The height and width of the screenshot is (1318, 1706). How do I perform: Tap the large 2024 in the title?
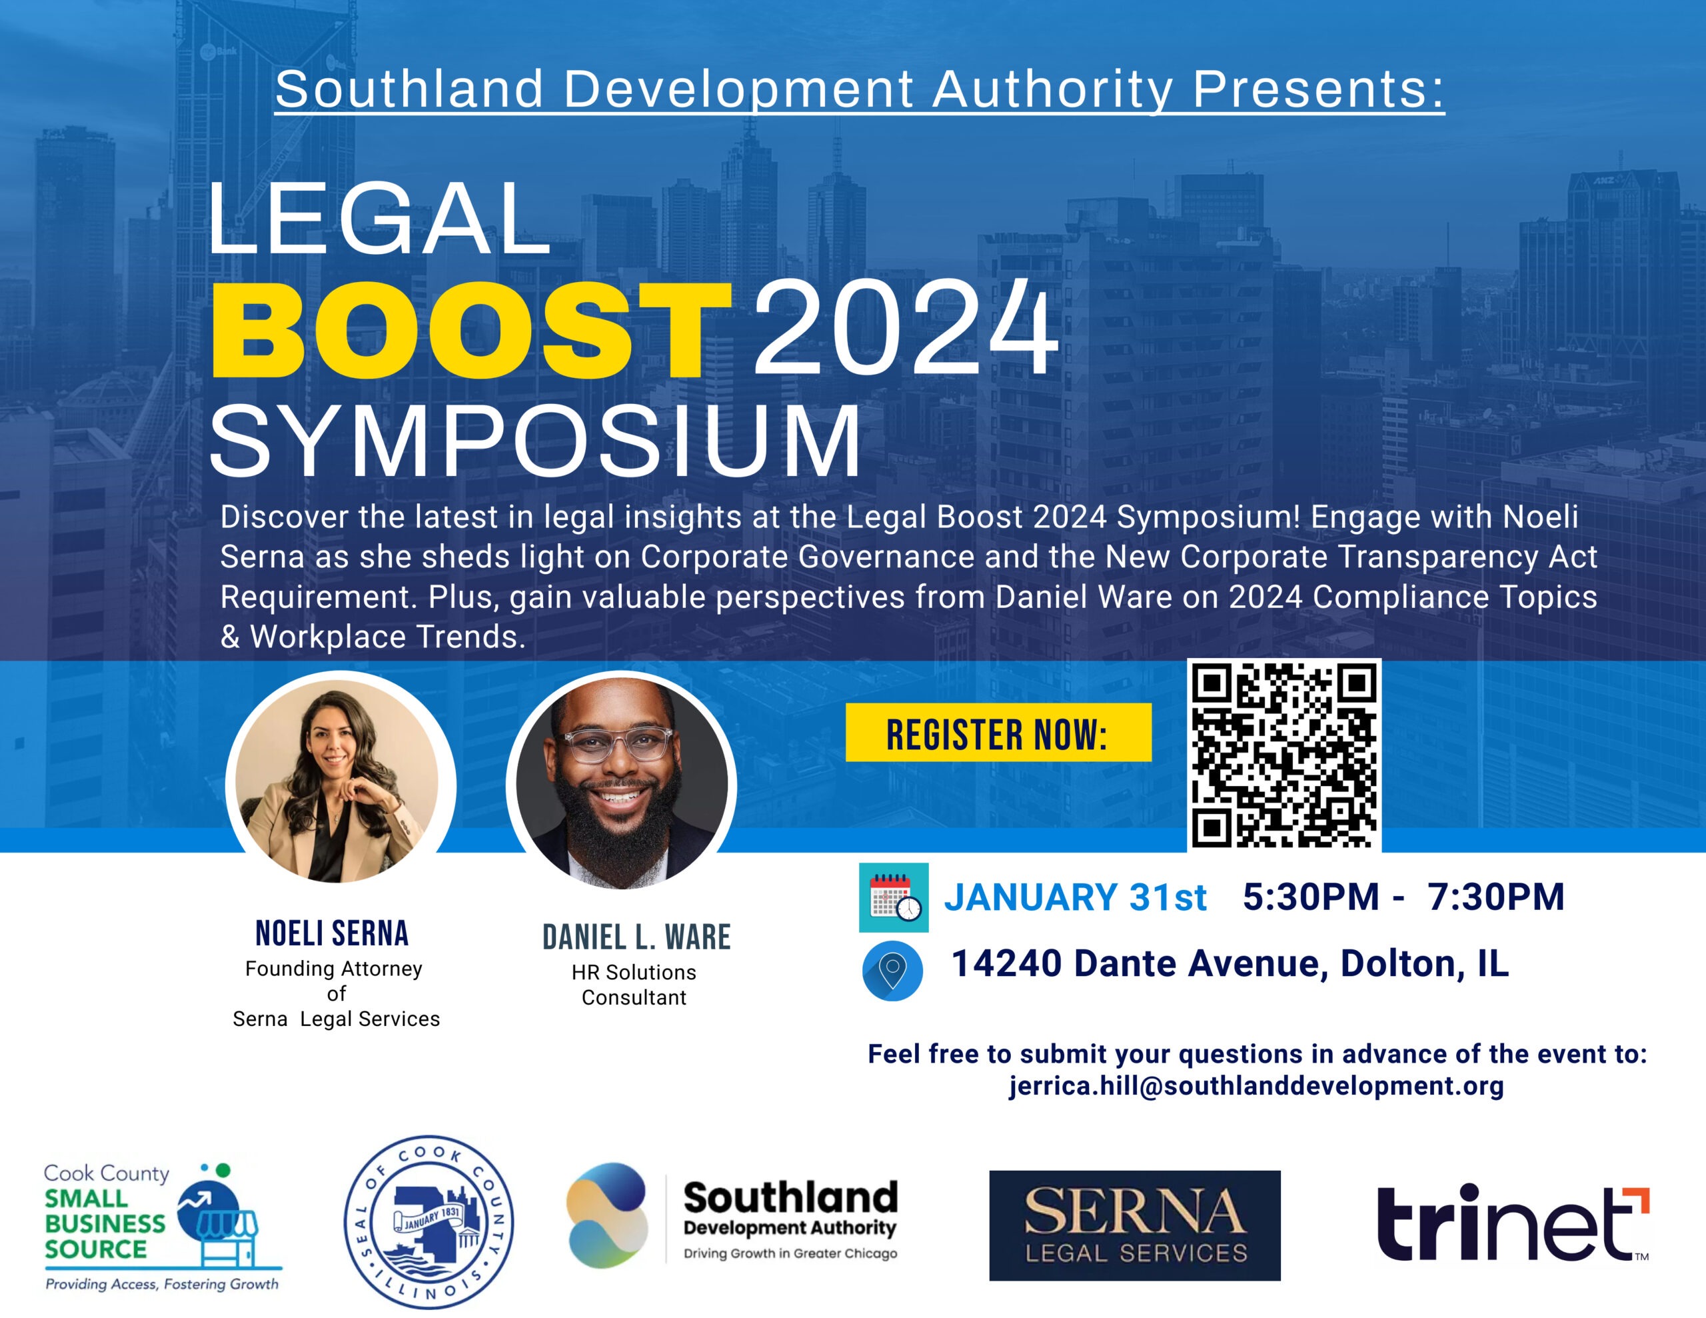tap(904, 329)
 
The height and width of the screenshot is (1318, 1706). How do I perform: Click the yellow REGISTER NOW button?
tap(998, 732)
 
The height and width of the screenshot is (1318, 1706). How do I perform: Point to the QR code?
tap(1284, 755)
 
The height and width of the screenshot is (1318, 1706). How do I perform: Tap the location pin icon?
tap(892, 971)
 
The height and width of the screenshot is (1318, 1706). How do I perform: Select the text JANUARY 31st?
tap(1075, 897)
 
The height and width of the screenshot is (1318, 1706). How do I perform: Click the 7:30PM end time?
tap(1496, 897)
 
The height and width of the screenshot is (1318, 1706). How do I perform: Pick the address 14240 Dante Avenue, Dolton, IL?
tap(1230, 964)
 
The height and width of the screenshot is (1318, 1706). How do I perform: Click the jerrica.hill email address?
tap(1256, 1086)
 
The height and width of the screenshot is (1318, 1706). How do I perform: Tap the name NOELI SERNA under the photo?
tap(332, 933)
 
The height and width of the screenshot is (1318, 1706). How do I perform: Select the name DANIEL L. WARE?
tap(636, 937)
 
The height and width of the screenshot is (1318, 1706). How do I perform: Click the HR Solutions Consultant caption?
tap(634, 985)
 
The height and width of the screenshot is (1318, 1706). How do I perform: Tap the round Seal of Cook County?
tap(429, 1222)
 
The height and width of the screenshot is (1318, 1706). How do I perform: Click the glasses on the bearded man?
tap(620, 741)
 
